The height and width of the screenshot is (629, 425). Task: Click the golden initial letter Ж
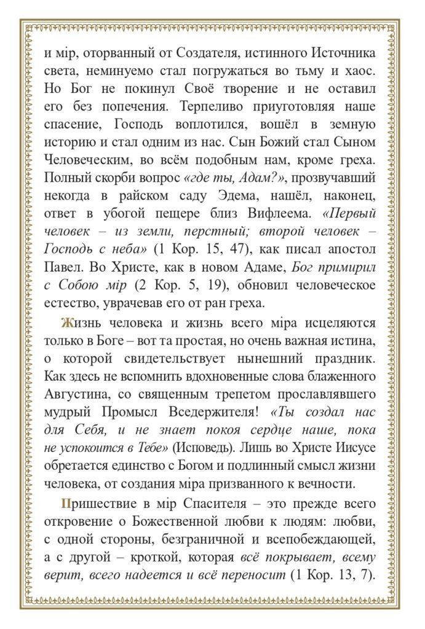coord(66,323)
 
